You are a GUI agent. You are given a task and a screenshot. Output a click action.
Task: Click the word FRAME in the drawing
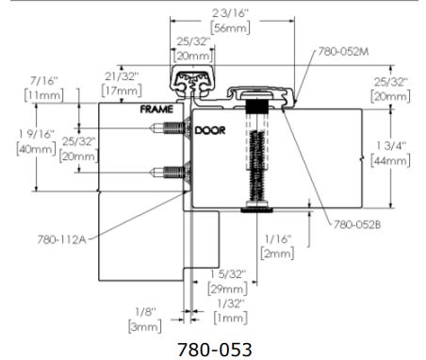tap(156, 109)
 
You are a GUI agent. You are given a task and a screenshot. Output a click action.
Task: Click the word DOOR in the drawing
tap(210, 130)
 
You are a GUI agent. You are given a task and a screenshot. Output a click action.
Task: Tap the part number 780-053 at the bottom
tap(215, 350)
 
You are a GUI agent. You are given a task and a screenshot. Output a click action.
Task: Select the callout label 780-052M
tap(343, 51)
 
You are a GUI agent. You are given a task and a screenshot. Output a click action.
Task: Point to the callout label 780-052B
tap(357, 224)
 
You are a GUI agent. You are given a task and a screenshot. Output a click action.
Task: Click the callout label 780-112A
tap(61, 239)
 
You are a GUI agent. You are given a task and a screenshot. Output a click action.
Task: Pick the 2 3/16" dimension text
tap(231, 13)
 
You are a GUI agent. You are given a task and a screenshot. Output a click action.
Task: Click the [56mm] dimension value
tap(231, 27)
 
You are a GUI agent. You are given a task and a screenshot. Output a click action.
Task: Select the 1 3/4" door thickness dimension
tap(391, 146)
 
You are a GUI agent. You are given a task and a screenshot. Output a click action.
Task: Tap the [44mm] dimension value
tap(390, 160)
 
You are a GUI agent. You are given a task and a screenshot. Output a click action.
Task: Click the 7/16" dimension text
tap(44, 81)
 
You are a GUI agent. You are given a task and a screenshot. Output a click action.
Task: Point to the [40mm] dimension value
tap(37, 149)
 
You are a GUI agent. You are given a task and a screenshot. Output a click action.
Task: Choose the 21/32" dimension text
tap(122, 76)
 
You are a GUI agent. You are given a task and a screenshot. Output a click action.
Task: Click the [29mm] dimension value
tap(228, 289)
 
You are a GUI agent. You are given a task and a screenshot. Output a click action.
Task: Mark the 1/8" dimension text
tap(145, 312)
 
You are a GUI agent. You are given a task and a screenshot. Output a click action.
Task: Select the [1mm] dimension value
tap(230, 318)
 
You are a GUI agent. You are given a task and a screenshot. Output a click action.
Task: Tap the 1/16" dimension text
tap(278, 239)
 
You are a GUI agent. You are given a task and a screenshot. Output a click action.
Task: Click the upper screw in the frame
tap(171, 128)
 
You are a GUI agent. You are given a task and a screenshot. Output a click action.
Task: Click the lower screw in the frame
tap(171, 172)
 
